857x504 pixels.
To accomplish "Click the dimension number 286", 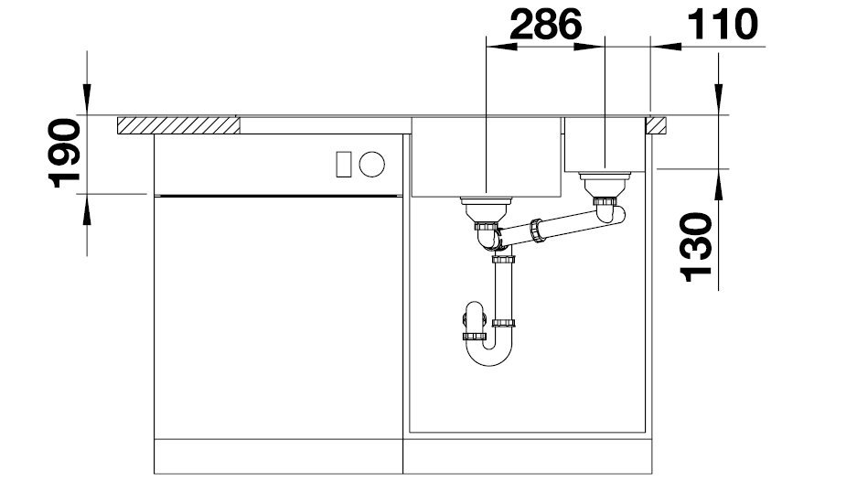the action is click(x=546, y=25).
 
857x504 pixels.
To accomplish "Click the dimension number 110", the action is click(x=722, y=25).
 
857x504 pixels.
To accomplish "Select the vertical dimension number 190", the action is click(x=65, y=153).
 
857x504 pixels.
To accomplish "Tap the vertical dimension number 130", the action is click(x=696, y=247).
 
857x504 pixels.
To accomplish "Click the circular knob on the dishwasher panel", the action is click(x=371, y=164).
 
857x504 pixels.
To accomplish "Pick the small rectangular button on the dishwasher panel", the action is click(x=344, y=164).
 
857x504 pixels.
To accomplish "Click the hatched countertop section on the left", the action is click(x=178, y=125).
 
